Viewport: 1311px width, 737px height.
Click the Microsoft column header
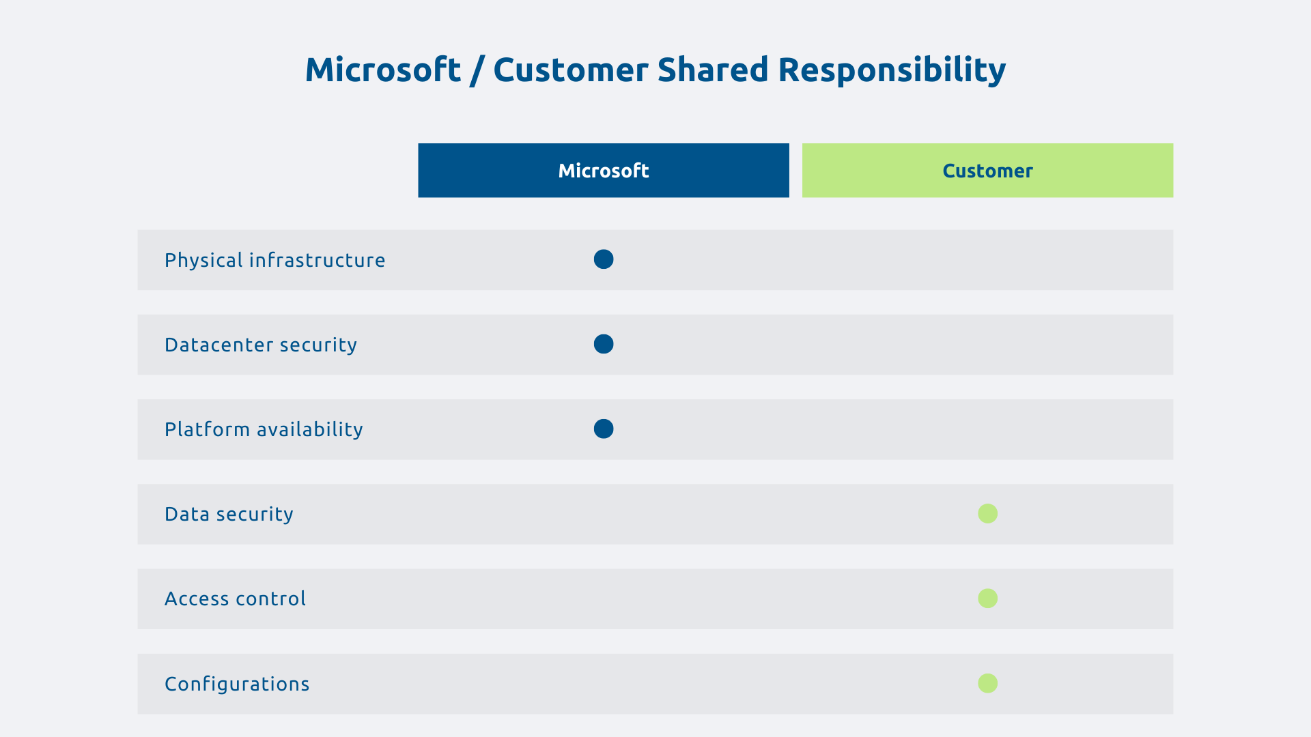pyautogui.click(x=604, y=171)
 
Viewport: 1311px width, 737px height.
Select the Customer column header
pyautogui.click(x=987, y=171)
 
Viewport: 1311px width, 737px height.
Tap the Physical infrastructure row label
pyautogui.click(x=274, y=260)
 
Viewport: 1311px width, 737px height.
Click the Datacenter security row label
pyautogui.click(x=260, y=345)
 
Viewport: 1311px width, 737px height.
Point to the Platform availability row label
pyautogui.click(x=264, y=429)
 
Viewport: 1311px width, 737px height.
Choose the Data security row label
pyautogui.click(x=229, y=514)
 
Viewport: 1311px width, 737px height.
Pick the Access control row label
pyautogui.click(x=235, y=598)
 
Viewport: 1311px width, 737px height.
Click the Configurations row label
pyautogui.click(x=237, y=684)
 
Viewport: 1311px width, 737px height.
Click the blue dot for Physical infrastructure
pyautogui.click(x=604, y=259)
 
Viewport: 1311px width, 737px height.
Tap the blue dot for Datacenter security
pyautogui.click(x=604, y=344)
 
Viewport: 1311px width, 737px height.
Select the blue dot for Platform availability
pyautogui.click(x=604, y=429)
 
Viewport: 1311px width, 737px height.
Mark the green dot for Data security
pyautogui.click(x=987, y=513)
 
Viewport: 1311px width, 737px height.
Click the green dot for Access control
pyautogui.click(x=987, y=598)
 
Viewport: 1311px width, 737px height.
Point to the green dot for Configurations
pyautogui.click(x=987, y=683)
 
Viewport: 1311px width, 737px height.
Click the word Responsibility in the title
pyautogui.click(x=892, y=70)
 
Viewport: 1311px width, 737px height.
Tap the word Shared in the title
pyautogui.click(x=713, y=70)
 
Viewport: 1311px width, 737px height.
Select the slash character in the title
pyautogui.click(x=477, y=72)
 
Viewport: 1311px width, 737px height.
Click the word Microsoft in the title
pyautogui.click(x=383, y=70)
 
